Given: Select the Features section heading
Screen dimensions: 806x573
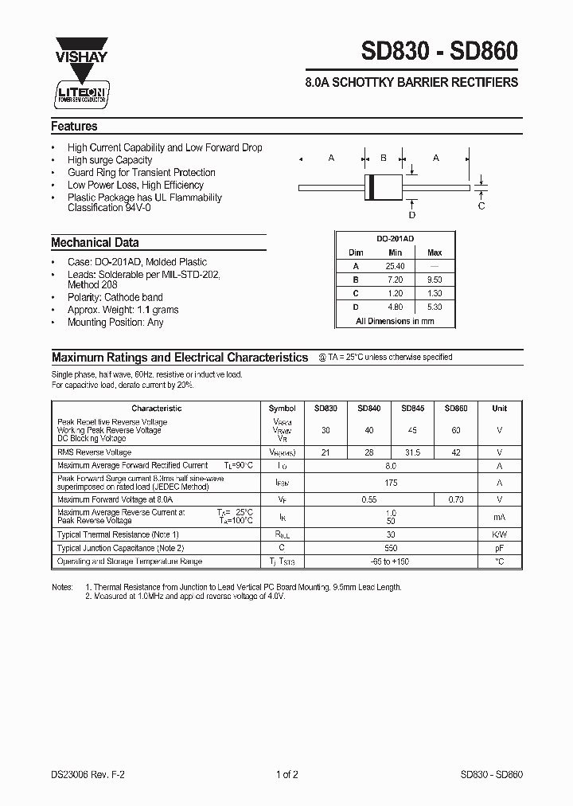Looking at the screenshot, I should (x=74, y=127).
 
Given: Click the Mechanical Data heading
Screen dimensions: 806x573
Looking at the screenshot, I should (x=95, y=243).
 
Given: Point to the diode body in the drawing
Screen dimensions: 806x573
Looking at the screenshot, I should (x=382, y=187).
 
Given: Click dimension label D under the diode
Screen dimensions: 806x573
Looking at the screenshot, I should (x=411, y=214).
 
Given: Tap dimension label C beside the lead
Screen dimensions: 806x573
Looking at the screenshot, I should (x=481, y=206).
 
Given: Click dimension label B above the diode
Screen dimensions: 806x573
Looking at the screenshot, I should (x=383, y=158).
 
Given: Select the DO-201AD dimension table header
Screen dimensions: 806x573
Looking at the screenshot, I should (x=395, y=238).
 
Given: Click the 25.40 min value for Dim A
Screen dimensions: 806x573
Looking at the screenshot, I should (x=395, y=266).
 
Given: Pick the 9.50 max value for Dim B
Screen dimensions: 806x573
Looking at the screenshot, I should (x=434, y=280).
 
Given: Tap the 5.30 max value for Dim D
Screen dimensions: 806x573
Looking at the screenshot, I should (x=434, y=307).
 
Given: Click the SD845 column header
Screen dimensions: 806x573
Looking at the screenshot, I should (x=412, y=409).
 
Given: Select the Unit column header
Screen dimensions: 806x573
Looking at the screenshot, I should (x=499, y=409).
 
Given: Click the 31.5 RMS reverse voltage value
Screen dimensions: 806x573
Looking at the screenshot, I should (x=412, y=452).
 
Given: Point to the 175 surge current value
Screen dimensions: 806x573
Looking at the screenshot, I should (x=390, y=483).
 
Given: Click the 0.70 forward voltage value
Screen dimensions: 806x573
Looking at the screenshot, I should (x=455, y=499).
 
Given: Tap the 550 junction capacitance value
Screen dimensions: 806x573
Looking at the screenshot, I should (x=390, y=548).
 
